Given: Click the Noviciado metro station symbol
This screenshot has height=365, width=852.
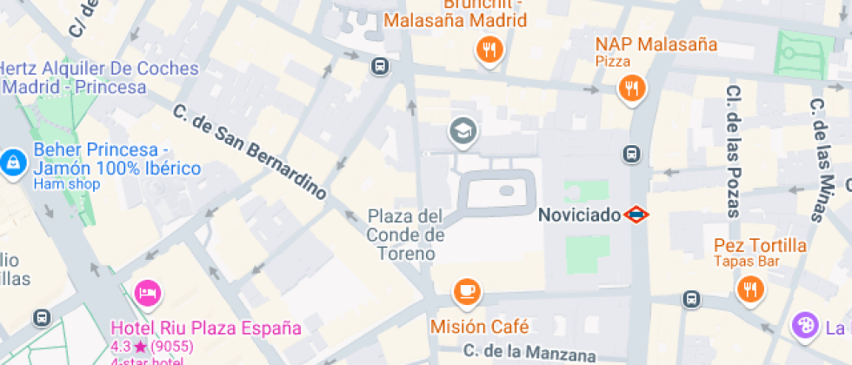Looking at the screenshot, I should [x=636, y=214].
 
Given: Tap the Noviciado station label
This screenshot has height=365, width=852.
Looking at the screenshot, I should [x=579, y=214].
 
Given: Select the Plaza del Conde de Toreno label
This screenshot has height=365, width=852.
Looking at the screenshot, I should [x=405, y=235].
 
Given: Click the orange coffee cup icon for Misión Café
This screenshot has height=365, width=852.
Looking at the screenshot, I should [x=467, y=291].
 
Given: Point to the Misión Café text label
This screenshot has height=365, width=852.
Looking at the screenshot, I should [x=479, y=328].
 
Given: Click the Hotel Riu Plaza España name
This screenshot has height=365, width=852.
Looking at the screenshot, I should [x=205, y=328].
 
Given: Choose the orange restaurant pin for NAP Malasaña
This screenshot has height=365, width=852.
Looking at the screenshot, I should [x=631, y=87].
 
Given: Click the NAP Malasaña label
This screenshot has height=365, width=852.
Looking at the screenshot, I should [x=656, y=44].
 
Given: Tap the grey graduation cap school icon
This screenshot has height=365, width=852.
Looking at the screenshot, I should [x=463, y=132].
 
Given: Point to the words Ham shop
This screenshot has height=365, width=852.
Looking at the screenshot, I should [x=67, y=184].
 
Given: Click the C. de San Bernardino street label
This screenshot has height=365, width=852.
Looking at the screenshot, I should [x=250, y=152].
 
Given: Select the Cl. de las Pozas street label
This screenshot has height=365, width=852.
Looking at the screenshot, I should [x=733, y=150].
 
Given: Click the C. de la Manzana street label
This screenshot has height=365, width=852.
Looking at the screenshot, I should [x=529, y=353].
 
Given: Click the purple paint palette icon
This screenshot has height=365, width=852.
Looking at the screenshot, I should [x=805, y=327].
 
